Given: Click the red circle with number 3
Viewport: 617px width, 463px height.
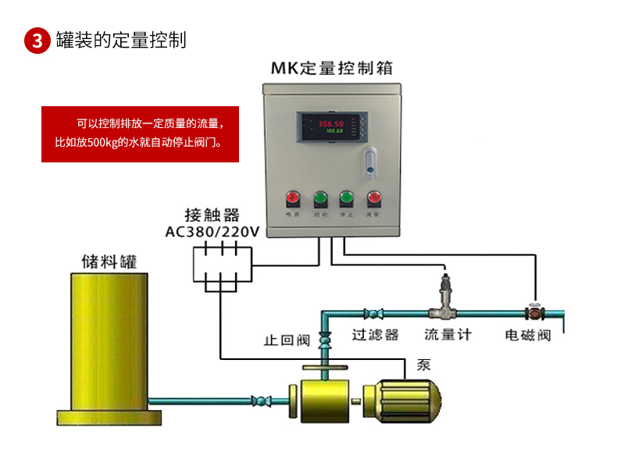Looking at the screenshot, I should tap(37, 41).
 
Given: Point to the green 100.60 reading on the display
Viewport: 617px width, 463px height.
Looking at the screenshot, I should tap(335, 131).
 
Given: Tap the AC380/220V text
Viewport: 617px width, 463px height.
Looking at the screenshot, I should tap(212, 232).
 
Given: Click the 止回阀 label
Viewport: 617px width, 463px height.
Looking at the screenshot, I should tap(287, 340).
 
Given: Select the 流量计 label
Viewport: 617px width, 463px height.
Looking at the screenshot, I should tap(448, 334).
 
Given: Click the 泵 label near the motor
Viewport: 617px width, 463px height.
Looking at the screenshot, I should tap(424, 365).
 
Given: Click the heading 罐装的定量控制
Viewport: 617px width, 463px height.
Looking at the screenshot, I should tap(121, 41).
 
